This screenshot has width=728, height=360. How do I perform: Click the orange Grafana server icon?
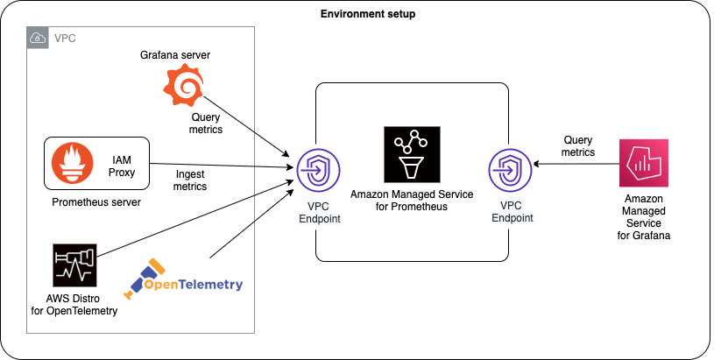coord(185,87)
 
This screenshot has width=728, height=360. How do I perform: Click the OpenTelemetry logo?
coord(184,279)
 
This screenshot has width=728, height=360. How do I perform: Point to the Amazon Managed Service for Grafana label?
coord(647,217)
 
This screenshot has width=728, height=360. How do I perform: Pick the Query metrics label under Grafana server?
coord(206,123)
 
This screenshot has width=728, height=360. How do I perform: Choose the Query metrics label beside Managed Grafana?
coord(578,145)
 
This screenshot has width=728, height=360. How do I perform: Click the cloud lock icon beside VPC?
coord(39,38)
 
